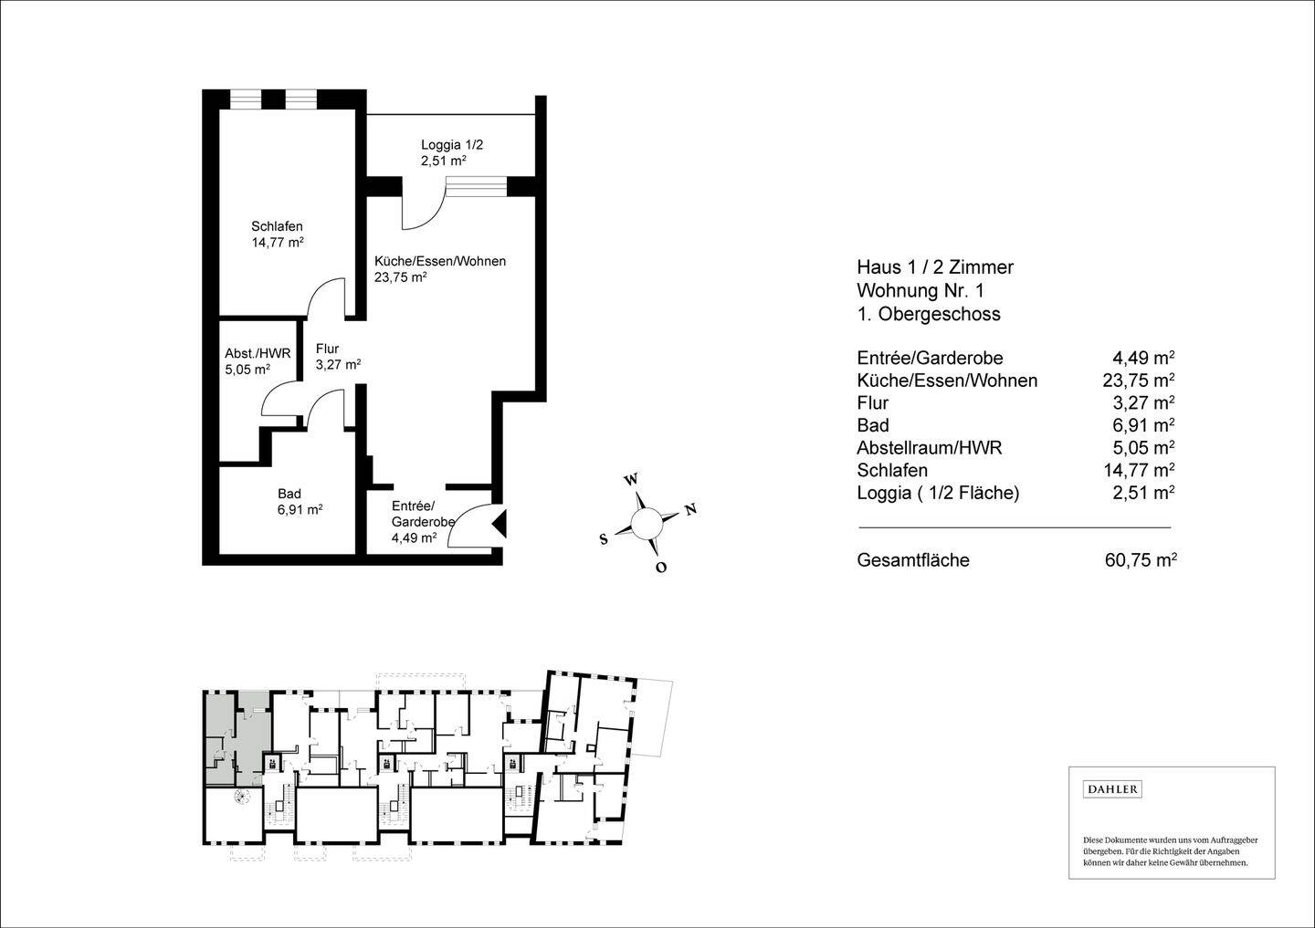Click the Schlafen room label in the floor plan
(277, 226)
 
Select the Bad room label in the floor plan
(289, 494)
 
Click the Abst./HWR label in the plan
(258, 354)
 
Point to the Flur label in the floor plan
(327, 349)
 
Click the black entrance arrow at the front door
(500, 524)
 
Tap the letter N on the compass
(691, 509)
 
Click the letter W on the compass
(630, 480)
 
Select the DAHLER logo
(1112, 789)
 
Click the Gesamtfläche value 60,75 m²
(1141, 560)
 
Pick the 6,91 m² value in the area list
(1143, 424)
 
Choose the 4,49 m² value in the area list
(1143, 358)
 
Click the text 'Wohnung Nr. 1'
(920, 290)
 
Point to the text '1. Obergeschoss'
(929, 314)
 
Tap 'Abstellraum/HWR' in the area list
(930, 447)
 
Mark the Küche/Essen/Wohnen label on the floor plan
(440, 262)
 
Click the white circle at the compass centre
(647, 523)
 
